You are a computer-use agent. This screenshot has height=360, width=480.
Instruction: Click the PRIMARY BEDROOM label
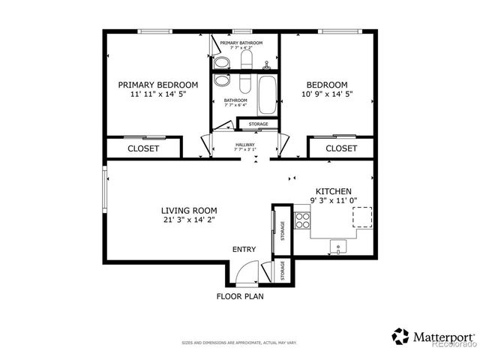point(158,85)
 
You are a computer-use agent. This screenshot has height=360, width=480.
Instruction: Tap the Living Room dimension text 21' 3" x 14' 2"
point(189,220)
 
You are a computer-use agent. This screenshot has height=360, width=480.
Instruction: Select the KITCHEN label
point(333,191)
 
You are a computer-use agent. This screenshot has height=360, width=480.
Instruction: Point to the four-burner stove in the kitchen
point(303,220)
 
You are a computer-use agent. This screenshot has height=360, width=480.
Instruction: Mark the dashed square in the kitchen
point(362,217)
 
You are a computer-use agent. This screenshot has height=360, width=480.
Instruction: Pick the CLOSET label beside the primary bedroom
point(142,148)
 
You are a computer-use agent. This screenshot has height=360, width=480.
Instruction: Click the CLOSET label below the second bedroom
point(341,148)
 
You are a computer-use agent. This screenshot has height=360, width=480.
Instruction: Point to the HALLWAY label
point(245,145)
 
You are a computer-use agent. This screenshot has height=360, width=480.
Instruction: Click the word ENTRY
point(244,250)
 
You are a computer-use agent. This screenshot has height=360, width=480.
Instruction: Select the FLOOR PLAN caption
point(240,296)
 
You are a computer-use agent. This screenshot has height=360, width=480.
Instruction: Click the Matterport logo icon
point(401,336)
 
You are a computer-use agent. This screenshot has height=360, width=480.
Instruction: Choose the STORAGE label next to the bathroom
point(258,124)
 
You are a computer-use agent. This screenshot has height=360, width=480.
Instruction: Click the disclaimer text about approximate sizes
point(239,343)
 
